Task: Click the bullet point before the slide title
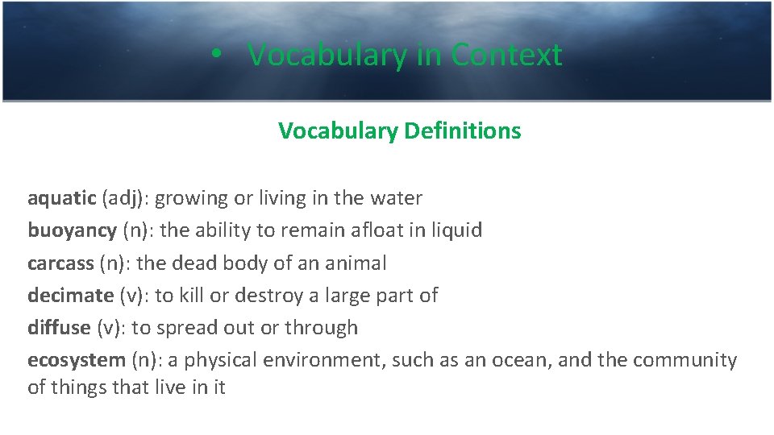tap(213, 56)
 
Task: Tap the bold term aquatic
tap(62, 198)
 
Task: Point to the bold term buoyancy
tap(72, 230)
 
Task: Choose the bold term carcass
tap(60, 263)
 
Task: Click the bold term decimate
tap(70, 295)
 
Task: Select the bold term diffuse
tap(59, 327)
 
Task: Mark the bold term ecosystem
tap(77, 360)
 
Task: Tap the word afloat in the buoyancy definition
tap(378, 230)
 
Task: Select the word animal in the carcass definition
tap(356, 263)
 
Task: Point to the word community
tap(685, 360)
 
